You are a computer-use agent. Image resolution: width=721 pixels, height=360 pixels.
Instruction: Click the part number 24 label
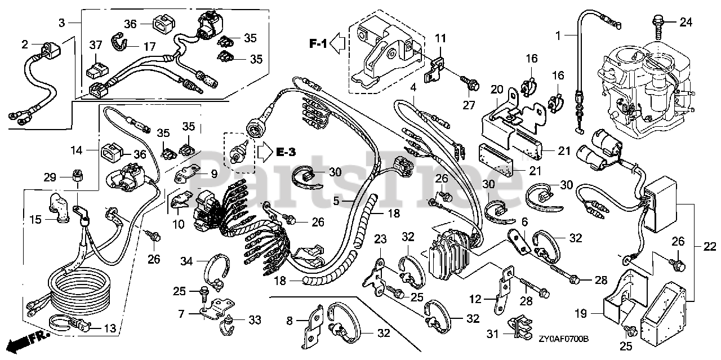(685, 23)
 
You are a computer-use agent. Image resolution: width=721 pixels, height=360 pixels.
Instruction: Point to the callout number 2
(25, 44)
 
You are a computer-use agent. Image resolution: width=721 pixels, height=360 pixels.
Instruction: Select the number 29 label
(50, 177)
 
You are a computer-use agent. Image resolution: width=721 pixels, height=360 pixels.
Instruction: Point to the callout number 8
(290, 322)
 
